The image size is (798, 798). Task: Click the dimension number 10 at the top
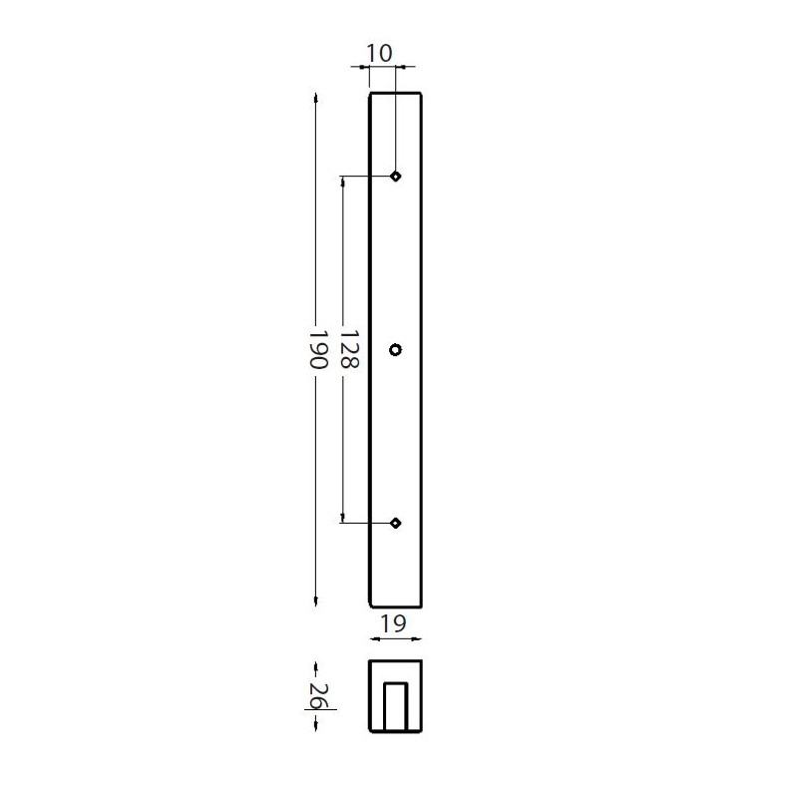click(380, 53)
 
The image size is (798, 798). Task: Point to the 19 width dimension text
click(393, 623)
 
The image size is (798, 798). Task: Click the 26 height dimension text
click(316, 696)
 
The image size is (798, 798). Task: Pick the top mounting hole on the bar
click(396, 177)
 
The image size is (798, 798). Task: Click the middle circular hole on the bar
click(396, 349)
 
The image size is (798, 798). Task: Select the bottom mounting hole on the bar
click(396, 523)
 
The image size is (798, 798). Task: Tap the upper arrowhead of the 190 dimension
click(316, 98)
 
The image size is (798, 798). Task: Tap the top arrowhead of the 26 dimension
click(316, 664)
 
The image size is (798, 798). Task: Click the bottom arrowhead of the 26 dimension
click(316, 727)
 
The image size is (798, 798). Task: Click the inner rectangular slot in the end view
click(396, 706)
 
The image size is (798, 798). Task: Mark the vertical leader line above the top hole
click(396, 120)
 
